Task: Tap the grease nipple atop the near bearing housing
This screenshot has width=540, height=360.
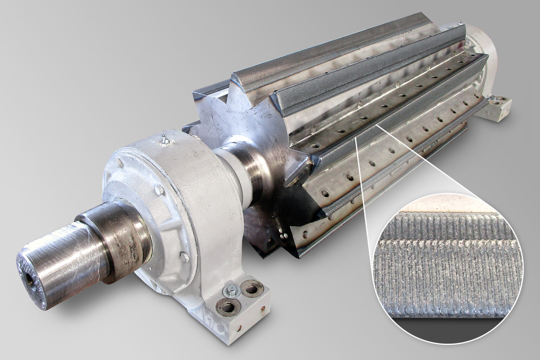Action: (x=164, y=140)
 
